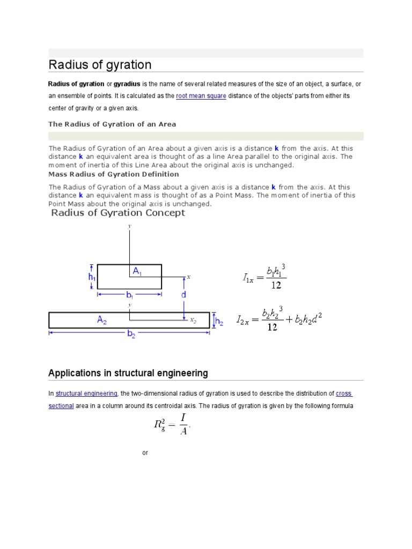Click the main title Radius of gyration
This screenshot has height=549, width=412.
(x=100, y=65)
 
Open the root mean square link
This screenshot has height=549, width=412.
(x=201, y=96)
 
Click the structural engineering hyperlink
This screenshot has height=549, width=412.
(x=86, y=394)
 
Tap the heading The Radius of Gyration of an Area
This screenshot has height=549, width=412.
(x=112, y=124)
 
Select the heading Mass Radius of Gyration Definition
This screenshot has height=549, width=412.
(x=114, y=174)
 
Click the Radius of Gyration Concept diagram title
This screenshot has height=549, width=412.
(x=118, y=213)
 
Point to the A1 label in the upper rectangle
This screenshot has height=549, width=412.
(x=137, y=272)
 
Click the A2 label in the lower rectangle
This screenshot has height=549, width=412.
(x=102, y=320)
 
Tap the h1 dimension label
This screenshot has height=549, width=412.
(x=92, y=277)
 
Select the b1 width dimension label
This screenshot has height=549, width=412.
(x=129, y=295)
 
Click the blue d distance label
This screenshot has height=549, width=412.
(x=184, y=295)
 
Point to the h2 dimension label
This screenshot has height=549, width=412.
(x=219, y=322)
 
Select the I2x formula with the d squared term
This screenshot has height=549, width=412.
(x=279, y=320)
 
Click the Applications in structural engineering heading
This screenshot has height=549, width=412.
(x=128, y=373)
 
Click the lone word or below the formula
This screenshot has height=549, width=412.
(x=145, y=453)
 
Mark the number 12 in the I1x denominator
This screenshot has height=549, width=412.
(x=276, y=285)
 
